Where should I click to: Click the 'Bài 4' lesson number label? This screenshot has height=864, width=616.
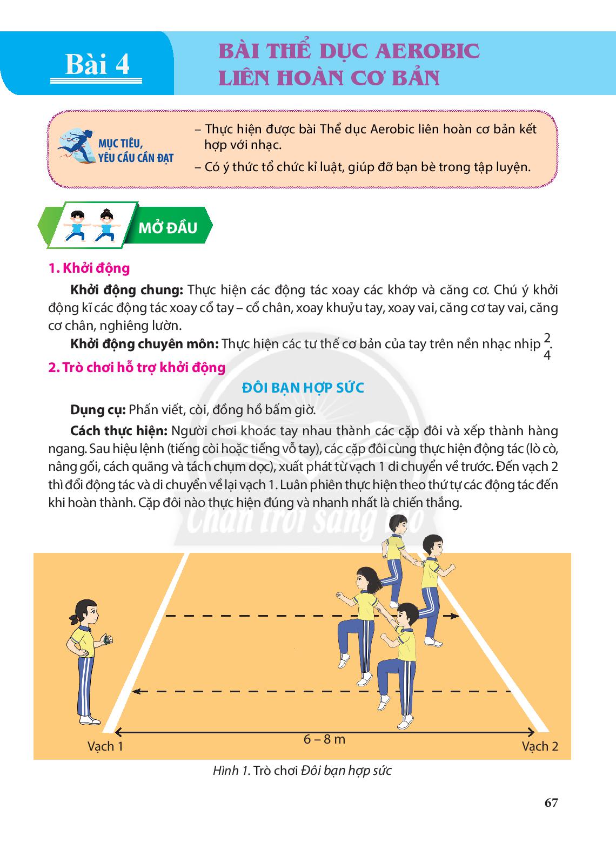point(97,65)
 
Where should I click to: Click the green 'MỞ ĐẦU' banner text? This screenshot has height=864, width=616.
point(168,228)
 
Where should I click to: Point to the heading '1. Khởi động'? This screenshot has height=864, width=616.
point(89,268)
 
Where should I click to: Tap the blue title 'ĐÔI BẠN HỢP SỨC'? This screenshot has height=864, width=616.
point(303,388)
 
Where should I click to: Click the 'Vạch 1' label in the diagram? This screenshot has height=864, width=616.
point(105,746)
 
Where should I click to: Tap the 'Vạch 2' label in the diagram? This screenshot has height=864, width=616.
point(539,746)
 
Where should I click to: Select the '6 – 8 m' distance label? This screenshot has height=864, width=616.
point(324,739)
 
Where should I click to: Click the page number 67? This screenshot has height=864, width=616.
point(551,802)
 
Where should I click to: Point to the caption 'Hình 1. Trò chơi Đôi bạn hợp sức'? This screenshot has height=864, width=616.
point(302,771)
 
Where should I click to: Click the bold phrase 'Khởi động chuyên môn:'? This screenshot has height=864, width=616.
point(144,344)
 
